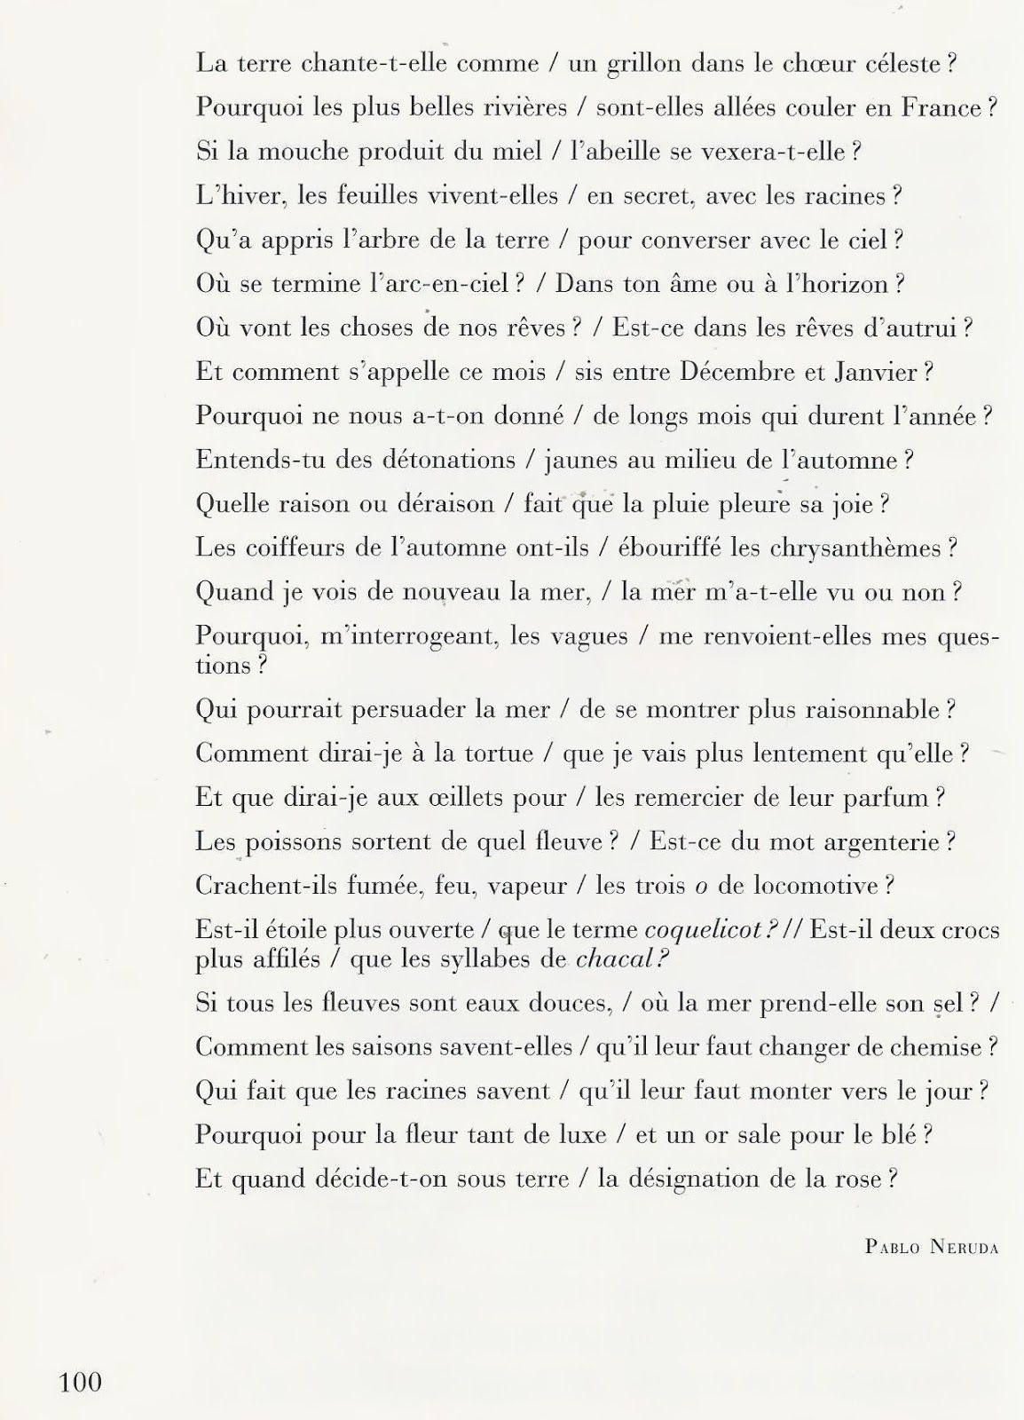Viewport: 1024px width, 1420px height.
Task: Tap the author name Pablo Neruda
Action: (931, 1247)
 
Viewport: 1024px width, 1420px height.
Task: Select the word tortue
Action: (489, 753)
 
